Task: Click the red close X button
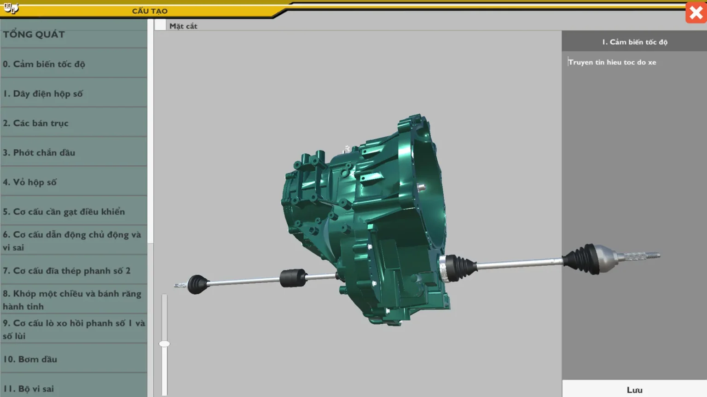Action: coord(696,13)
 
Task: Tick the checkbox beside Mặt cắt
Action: coord(160,25)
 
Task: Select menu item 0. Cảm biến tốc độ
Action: coord(44,64)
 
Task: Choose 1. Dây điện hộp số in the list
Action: coord(43,93)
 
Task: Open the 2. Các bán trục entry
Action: coord(35,123)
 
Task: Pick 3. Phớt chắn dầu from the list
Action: coord(39,152)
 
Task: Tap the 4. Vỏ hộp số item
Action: coord(30,182)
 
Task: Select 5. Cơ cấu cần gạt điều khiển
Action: coord(64,211)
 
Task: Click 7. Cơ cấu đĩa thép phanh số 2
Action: coord(67,271)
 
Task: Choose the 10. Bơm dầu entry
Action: coord(30,359)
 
